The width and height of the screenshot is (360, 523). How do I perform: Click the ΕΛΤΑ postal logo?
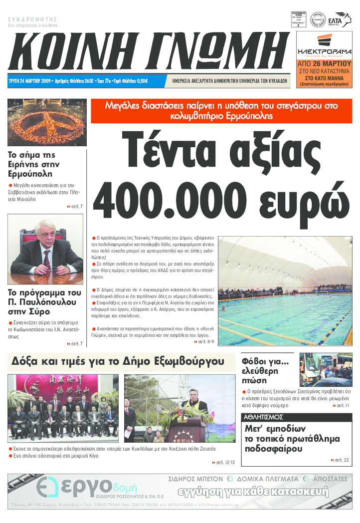343,19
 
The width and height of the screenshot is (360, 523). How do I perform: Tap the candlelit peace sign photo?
46,122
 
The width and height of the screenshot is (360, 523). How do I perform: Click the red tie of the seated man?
47,259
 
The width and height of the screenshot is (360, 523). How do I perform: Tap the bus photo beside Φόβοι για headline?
325,370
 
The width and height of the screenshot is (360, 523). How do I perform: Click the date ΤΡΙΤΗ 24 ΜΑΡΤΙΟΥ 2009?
30,81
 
